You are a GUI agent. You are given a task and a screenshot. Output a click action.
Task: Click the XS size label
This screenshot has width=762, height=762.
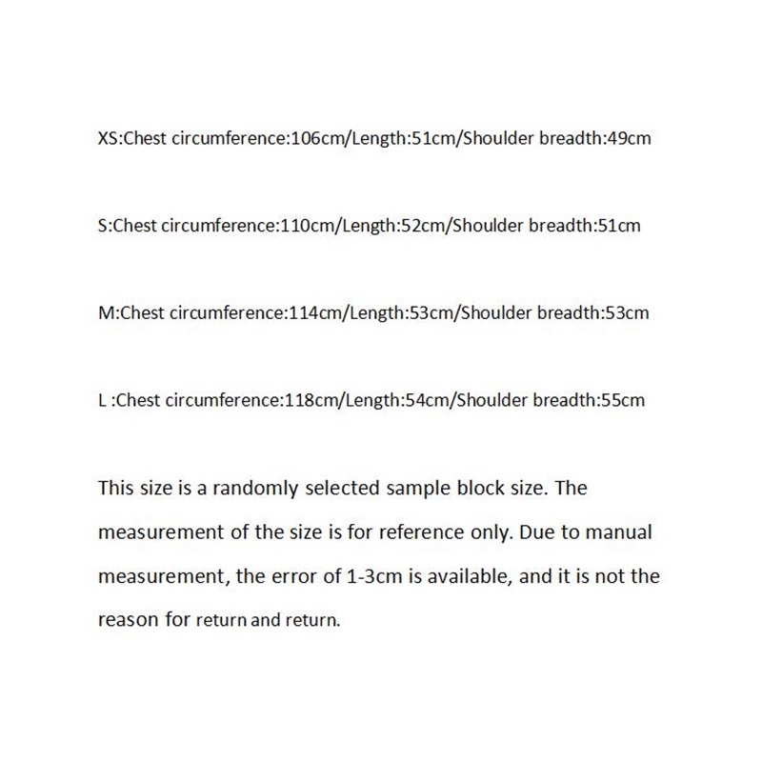(x=109, y=138)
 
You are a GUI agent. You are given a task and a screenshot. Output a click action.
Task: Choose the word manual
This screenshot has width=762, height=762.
(x=619, y=532)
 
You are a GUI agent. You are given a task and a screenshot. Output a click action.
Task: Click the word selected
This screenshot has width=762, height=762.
(x=344, y=489)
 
